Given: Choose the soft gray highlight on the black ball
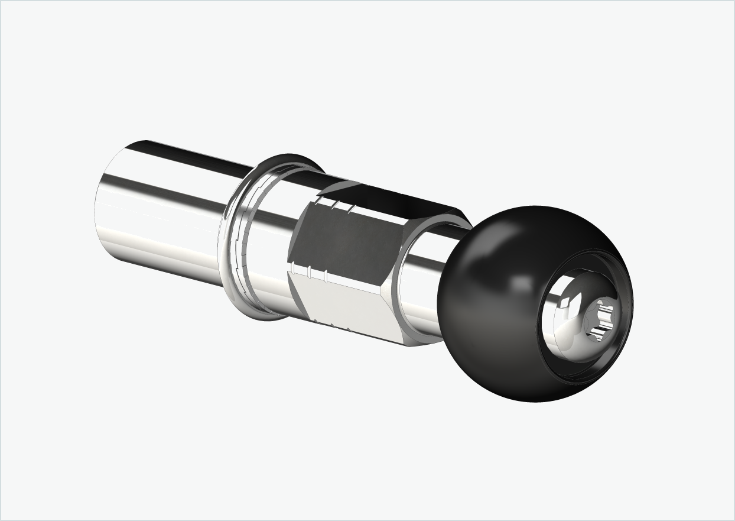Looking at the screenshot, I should [x=520, y=284].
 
